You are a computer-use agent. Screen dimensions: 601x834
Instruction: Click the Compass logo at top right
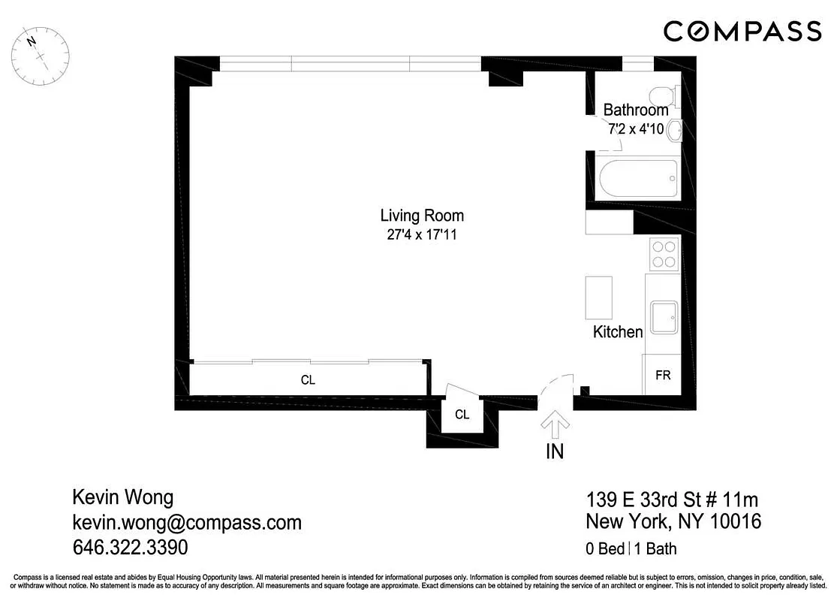point(742,31)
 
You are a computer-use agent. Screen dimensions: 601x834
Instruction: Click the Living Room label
point(422,216)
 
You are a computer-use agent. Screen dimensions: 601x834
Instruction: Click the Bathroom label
point(636,110)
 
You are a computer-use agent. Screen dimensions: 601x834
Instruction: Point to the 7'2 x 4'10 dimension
point(636,128)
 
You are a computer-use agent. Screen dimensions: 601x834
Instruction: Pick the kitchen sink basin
point(664,318)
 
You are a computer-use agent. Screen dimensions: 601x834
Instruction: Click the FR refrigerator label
point(663,375)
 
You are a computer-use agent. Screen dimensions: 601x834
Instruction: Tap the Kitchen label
point(618,331)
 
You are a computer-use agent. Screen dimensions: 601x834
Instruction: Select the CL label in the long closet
point(308,380)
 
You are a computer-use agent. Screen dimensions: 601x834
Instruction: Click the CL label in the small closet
point(462,415)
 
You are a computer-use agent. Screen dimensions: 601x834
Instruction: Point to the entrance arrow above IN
point(555,424)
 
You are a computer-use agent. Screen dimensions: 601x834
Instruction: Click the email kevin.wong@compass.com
point(186,522)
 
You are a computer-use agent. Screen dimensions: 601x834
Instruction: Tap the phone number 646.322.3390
point(130,546)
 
